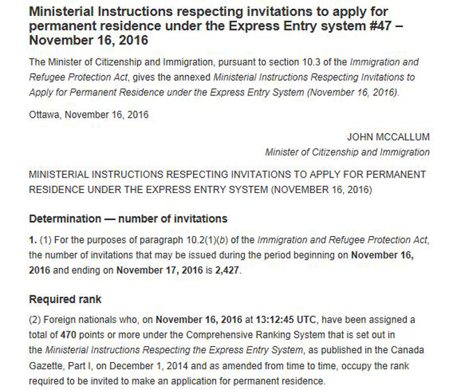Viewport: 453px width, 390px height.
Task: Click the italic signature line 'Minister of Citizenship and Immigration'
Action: pos(347,152)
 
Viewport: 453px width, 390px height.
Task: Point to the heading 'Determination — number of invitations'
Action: pos(128,219)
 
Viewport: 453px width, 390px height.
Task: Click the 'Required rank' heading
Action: pos(65,299)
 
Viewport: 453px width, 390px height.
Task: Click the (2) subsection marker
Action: pos(36,319)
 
